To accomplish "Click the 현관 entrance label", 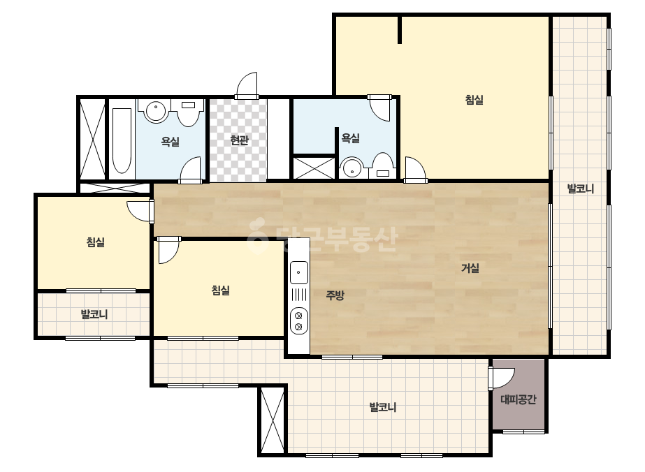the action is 239,140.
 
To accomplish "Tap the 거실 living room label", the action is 470,269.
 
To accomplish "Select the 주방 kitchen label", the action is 335,295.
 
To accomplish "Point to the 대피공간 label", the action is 519,399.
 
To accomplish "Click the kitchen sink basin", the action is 299,272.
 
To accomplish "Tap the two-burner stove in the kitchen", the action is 299,321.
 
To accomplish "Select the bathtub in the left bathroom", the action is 122,140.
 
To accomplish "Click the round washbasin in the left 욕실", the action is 156,110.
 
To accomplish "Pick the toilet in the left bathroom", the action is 189,113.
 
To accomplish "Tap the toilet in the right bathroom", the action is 383,165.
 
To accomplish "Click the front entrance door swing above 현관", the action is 247,85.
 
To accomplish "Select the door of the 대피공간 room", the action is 502,378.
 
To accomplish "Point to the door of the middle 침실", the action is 168,250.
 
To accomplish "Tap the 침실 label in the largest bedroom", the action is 474,100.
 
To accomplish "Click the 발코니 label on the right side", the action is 581,189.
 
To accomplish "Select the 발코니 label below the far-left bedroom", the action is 94,314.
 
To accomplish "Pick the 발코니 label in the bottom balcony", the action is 383,407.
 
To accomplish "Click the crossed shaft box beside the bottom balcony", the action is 273,420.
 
